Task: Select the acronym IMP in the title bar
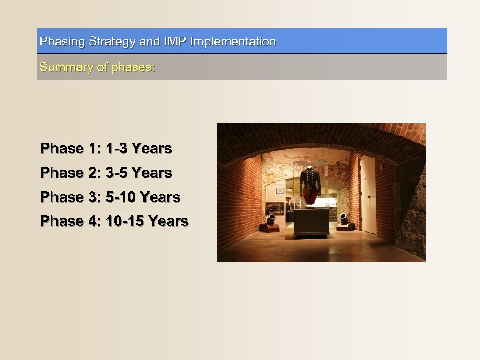click(x=175, y=42)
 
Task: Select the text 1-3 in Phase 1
click(x=117, y=149)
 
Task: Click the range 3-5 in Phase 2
click(x=117, y=173)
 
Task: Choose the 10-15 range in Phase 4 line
click(x=125, y=221)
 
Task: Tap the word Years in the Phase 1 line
click(x=151, y=149)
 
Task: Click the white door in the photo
click(x=368, y=195)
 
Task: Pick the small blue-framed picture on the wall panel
click(x=280, y=191)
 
